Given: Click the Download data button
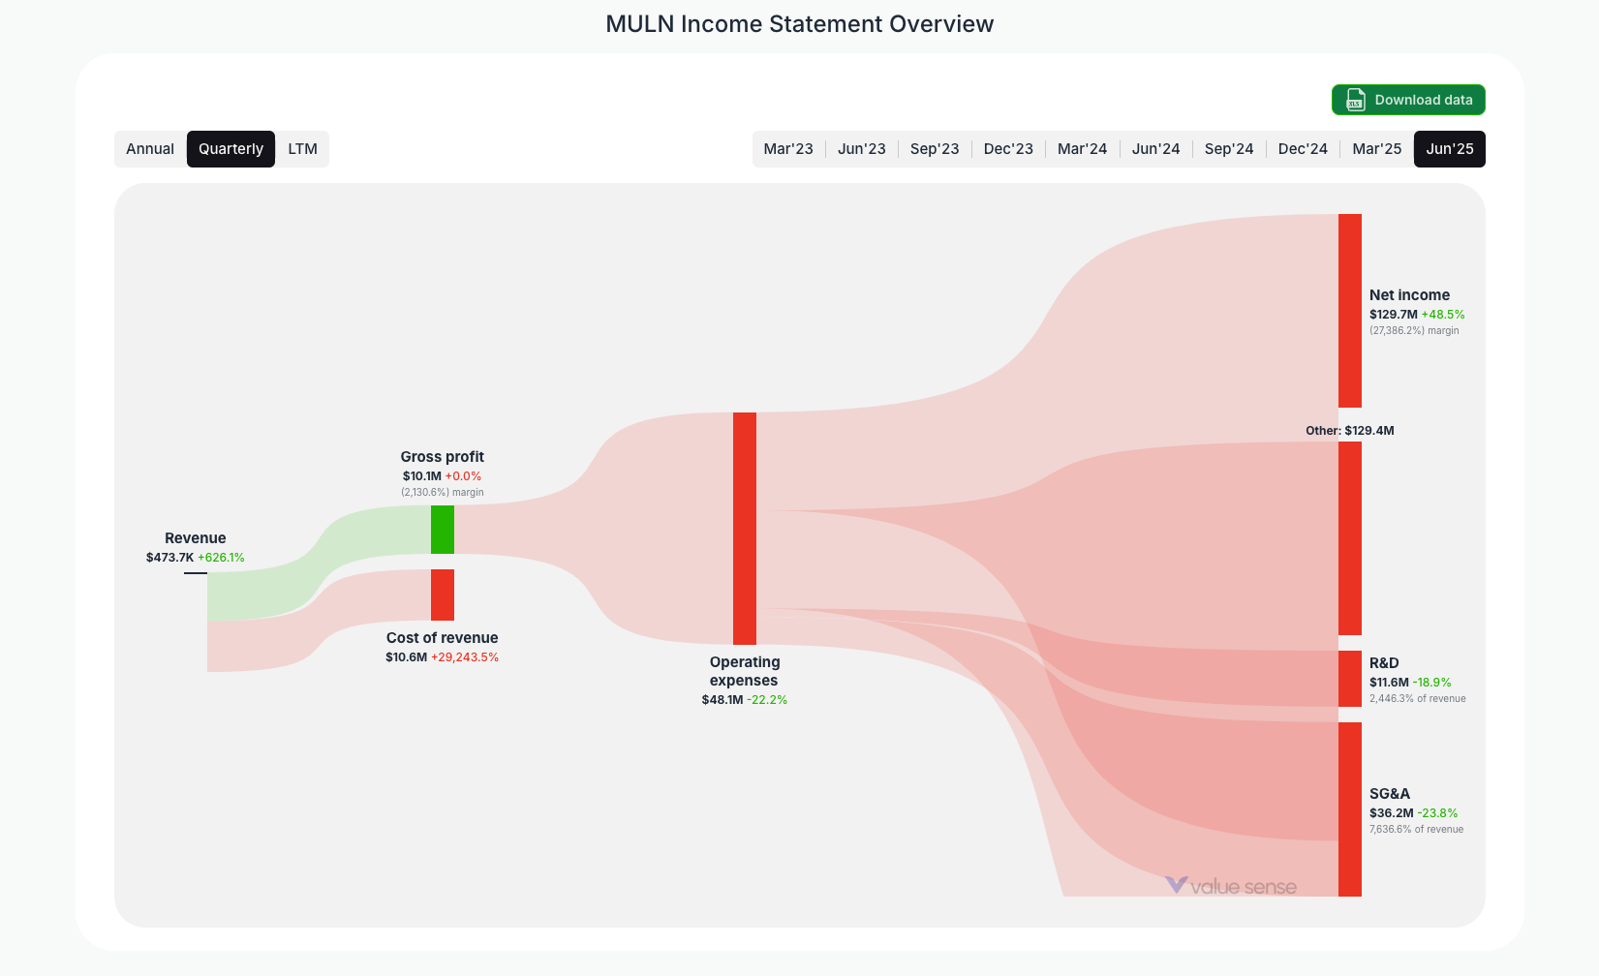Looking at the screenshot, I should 1408,100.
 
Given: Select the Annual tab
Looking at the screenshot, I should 150,149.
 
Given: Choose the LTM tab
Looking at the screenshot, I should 302,149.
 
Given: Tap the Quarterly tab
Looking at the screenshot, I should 231,149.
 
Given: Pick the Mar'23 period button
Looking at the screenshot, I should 788,149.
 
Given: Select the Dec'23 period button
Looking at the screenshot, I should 1008,149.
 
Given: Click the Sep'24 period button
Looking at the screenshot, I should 1229,149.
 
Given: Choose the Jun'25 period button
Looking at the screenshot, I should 1450,149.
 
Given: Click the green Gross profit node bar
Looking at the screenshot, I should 443,530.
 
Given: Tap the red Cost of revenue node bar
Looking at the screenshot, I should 443,595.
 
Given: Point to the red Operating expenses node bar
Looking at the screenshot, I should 745,529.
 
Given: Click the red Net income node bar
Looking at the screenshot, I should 1350,311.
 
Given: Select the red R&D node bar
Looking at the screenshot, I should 1350,679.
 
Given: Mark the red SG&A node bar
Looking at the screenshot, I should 1350,809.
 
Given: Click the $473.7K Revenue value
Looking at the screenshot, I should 169,558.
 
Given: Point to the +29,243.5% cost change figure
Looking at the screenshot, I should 465,657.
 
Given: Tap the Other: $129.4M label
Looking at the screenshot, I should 1349,431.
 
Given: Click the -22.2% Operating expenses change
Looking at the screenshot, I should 767,700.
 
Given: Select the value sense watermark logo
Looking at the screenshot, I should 1230,886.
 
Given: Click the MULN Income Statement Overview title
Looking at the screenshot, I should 799,24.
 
